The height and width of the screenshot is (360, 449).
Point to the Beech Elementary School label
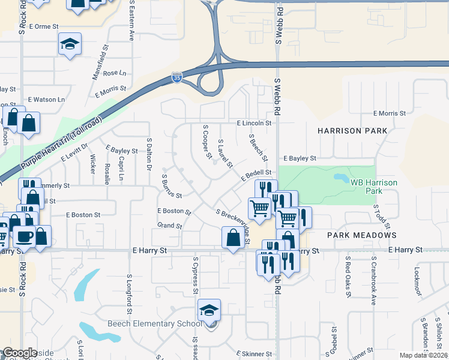[x=154, y=324]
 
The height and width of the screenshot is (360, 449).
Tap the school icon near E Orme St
[x=70, y=44]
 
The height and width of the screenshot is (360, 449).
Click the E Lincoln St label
[x=254, y=123]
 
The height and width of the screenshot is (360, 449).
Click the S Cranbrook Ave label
[x=373, y=281]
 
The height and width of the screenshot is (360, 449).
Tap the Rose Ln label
[x=115, y=73]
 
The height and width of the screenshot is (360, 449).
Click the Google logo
[x=20, y=352]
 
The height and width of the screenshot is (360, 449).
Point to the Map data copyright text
[x=423, y=355]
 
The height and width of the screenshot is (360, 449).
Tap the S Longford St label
[x=129, y=294]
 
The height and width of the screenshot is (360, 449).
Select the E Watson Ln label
[x=46, y=100]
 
